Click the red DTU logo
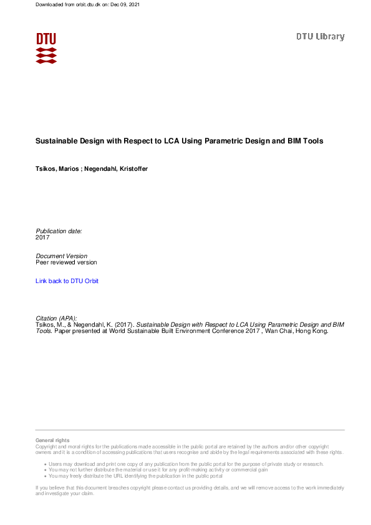(x=46, y=47)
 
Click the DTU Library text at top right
(x=320, y=37)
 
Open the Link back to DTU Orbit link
(x=67, y=281)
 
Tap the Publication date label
(x=59, y=231)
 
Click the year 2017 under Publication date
(x=42, y=238)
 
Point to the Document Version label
(x=62, y=256)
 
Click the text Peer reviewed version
(x=66, y=262)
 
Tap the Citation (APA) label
(x=57, y=318)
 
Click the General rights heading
(x=52, y=440)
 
